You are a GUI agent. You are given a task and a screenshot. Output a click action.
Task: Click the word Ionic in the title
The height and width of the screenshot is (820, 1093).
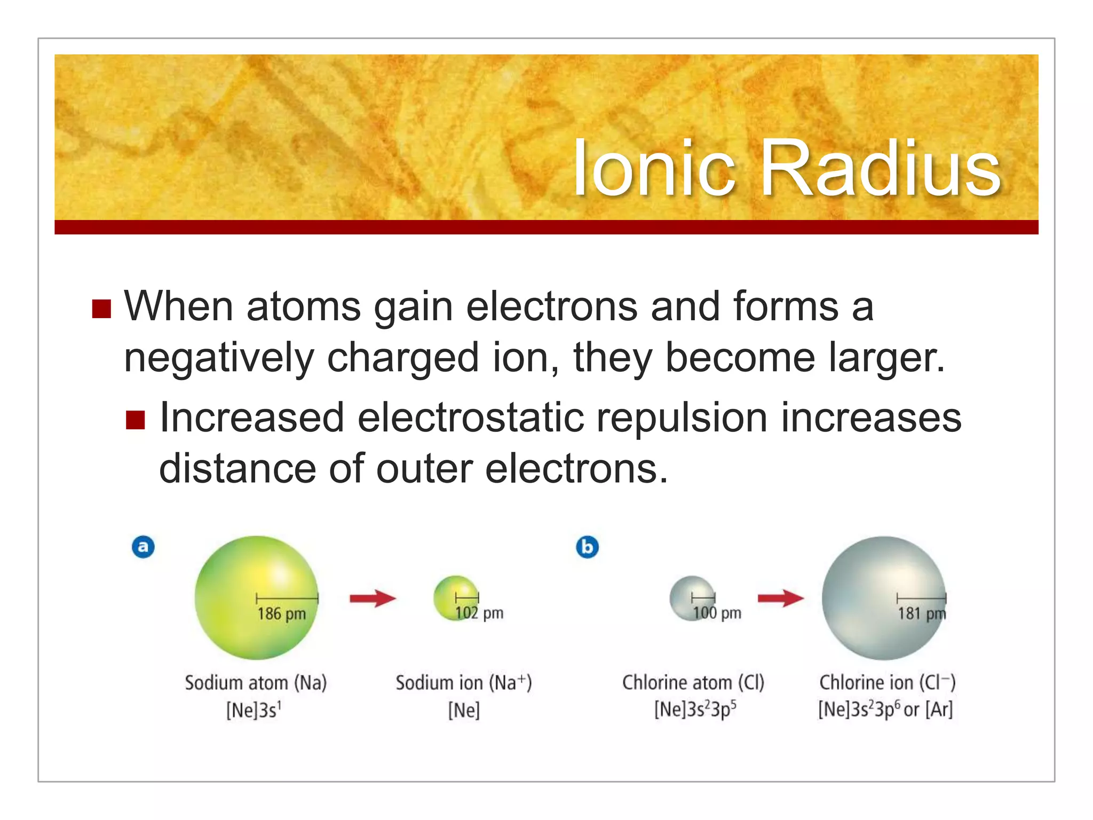(654, 168)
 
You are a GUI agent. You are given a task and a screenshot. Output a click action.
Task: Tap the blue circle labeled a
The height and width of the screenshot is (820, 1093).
(143, 547)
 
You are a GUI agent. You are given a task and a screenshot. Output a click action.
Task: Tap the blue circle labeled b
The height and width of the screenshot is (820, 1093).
(587, 547)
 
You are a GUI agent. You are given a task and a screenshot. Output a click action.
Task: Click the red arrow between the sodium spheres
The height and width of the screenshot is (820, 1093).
(373, 598)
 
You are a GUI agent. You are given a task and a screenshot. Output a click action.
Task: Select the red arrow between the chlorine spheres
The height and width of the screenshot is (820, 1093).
(780, 598)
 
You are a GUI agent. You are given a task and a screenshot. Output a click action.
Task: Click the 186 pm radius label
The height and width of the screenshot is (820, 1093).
(281, 614)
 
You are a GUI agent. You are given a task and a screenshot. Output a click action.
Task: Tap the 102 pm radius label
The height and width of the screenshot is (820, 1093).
(479, 613)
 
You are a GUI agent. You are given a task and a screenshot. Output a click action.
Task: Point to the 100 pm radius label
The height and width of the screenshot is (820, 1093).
(717, 613)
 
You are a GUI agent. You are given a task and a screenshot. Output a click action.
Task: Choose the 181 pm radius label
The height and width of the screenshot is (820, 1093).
(921, 613)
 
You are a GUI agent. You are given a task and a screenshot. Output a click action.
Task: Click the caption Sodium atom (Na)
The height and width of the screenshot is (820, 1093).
(256, 683)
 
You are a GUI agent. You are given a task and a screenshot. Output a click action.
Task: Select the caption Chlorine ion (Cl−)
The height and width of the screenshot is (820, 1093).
(887, 683)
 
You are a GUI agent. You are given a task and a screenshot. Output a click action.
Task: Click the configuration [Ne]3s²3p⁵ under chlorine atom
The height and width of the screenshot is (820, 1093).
(695, 709)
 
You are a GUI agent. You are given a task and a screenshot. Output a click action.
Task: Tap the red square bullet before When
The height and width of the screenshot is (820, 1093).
(101, 309)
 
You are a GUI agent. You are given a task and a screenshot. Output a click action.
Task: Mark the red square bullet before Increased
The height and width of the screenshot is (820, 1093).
(136, 420)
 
